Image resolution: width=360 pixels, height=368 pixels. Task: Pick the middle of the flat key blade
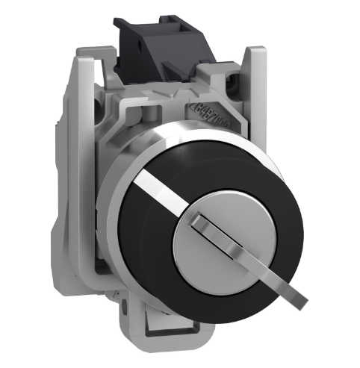239,276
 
